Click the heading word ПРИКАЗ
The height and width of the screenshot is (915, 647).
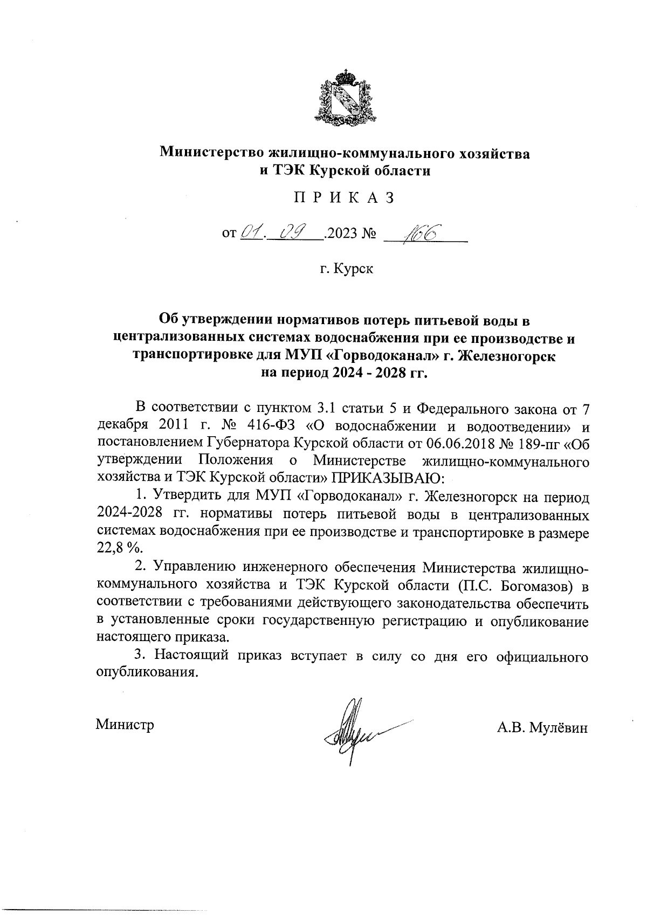tap(344, 198)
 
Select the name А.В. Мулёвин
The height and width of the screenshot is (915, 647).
tap(542, 728)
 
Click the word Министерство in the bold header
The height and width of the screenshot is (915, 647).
tap(210, 153)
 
